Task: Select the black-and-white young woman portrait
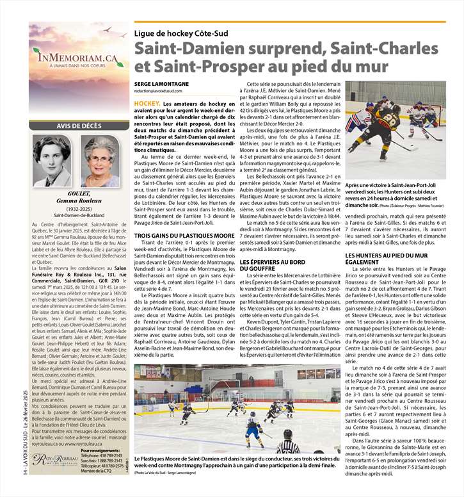tap(52, 161)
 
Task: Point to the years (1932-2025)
tap(77, 208)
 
